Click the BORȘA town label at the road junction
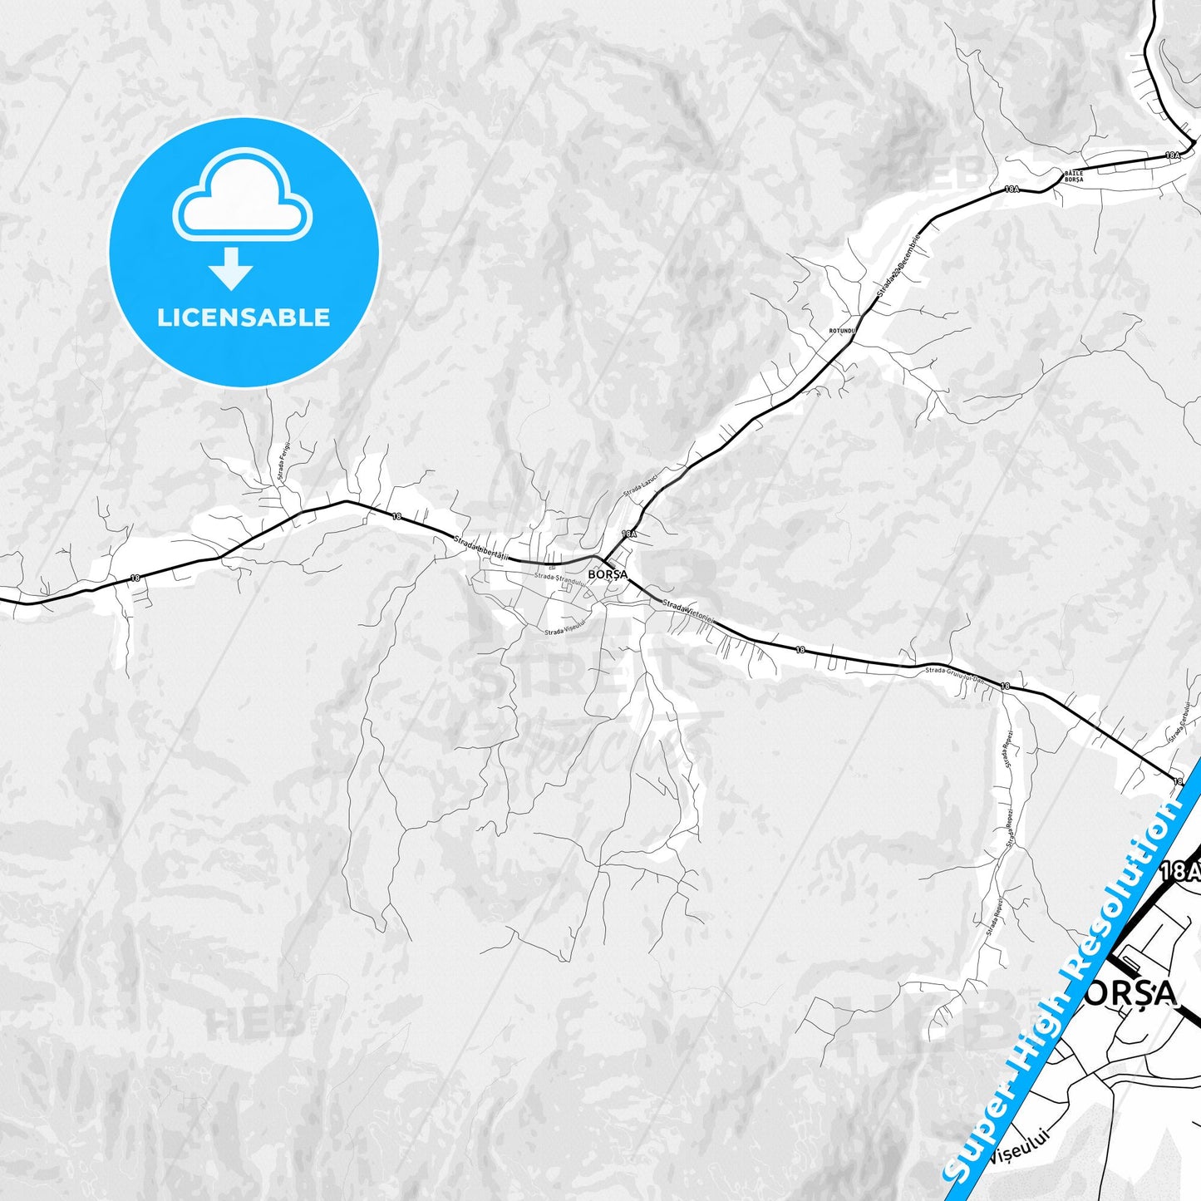pos(607,574)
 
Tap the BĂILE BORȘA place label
pos(1074,176)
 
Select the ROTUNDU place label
pos(841,331)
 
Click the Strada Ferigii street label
pos(284,462)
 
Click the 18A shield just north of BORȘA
pos(628,534)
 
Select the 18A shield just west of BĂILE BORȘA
pos(1011,190)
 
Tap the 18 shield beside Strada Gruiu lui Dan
pos(1006,687)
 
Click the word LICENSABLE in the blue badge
pos(244,317)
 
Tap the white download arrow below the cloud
pos(230,268)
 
